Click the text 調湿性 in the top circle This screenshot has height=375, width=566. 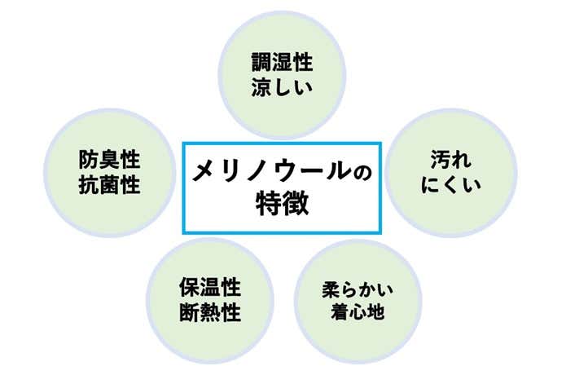tap(281, 64)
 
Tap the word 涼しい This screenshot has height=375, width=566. tap(281, 86)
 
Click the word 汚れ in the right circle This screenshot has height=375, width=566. tap(450, 159)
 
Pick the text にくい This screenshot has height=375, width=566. tap(450, 183)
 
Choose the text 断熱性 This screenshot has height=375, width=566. tap(210, 312)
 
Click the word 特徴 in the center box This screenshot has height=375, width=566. tap(281, 202)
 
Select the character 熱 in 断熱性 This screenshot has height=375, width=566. tap(210, 312)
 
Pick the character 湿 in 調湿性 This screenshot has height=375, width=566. tap(281, 64)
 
